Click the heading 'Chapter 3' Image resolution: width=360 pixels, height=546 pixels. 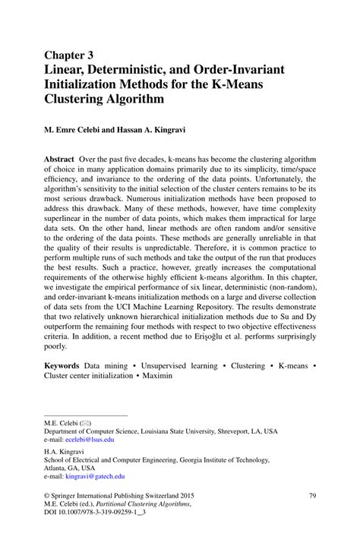click(69, 55)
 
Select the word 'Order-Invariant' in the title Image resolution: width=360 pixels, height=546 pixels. click(242, 70)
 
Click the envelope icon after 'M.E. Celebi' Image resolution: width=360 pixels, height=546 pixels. click(85, 421)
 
